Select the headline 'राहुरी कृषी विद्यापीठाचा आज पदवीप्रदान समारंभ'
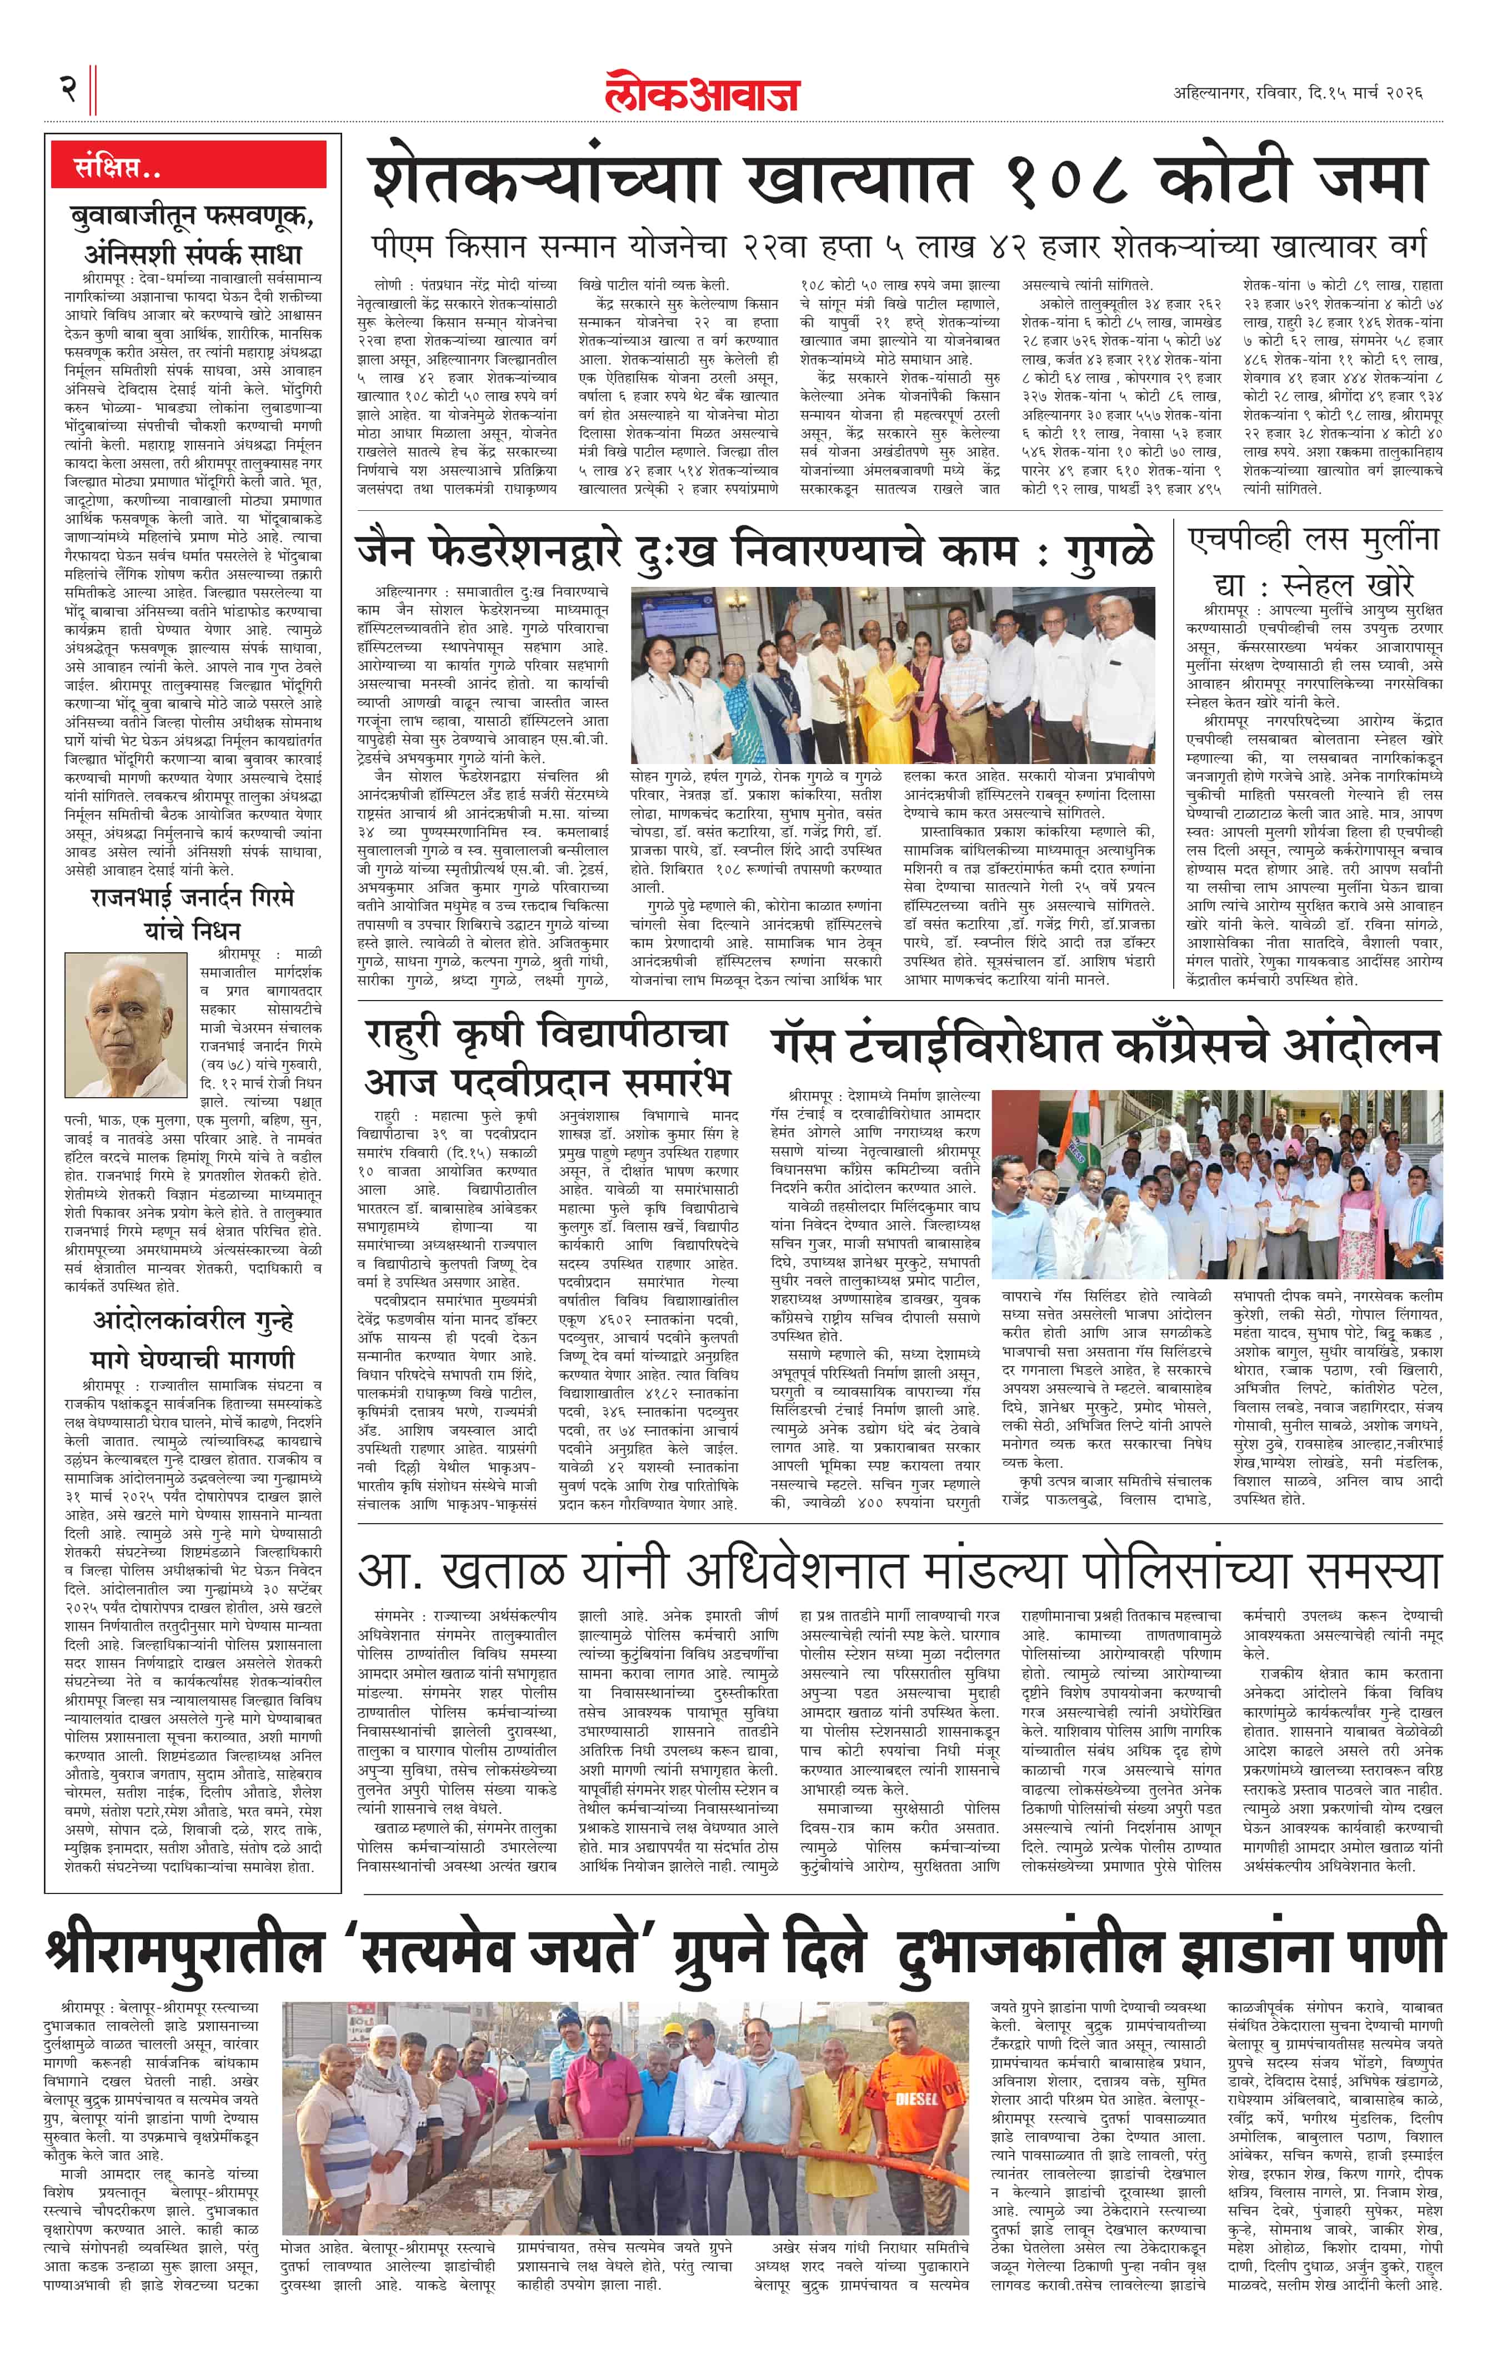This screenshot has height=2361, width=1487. click(547, 1057)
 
